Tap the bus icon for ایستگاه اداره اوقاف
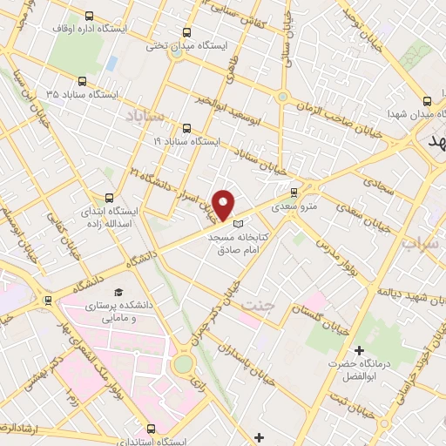coord(92,17)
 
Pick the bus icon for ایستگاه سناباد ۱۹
coord(184,128)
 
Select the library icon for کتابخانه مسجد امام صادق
coord(239,225)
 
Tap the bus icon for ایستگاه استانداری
coord(152,429)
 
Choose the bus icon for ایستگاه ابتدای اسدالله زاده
coord(109,198)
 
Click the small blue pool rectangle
coord(112,64)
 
